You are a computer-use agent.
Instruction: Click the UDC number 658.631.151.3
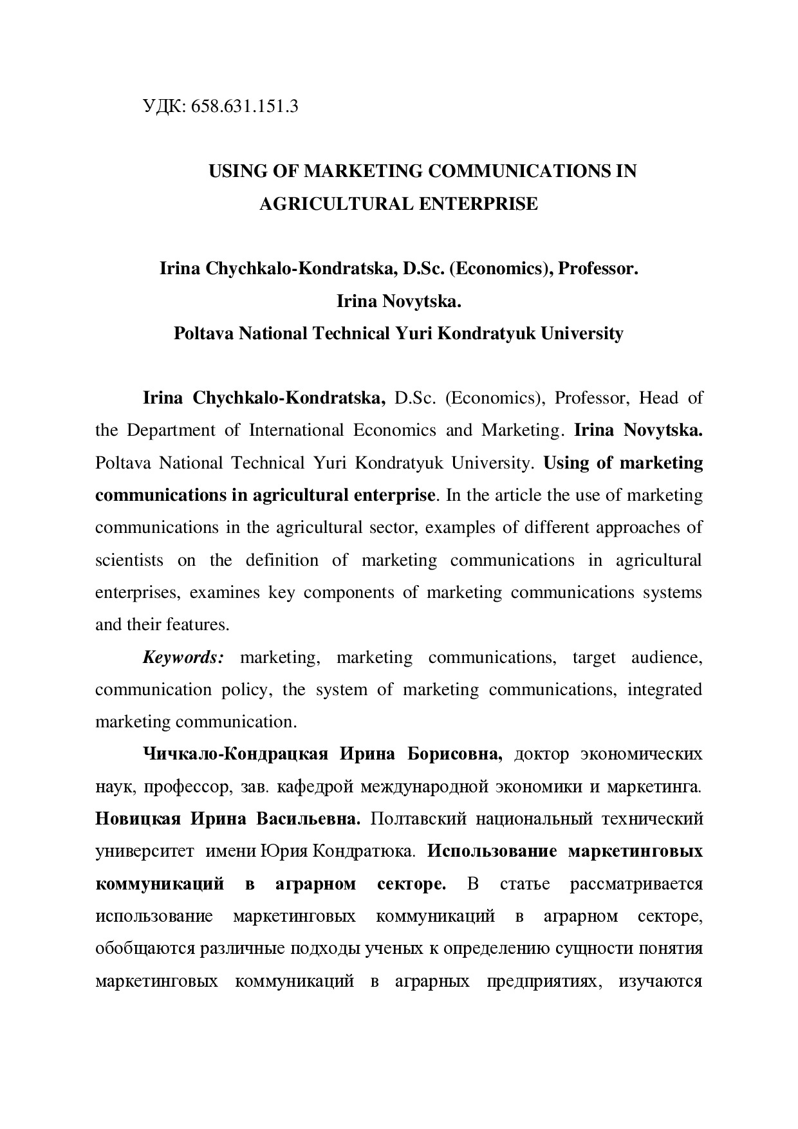[245, 106]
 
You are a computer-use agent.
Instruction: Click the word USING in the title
[234, 171]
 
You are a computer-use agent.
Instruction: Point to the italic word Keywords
[183, 657]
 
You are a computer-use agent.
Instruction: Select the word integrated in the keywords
[665, 689]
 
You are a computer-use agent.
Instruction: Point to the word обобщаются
[145, 949]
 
